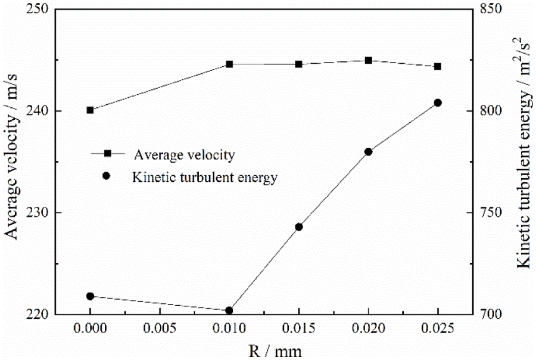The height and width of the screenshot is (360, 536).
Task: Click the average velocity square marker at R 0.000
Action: pos(90,110)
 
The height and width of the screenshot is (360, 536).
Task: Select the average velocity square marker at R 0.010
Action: pos(229,64)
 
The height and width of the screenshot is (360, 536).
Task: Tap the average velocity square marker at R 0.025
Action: pos(438,66)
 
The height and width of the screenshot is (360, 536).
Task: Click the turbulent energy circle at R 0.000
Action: pos(90,296)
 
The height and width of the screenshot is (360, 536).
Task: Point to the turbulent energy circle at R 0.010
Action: pos(229,311)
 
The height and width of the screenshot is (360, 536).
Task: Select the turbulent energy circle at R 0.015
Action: pos(299,226)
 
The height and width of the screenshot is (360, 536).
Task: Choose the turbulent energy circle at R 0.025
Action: pos(438,103)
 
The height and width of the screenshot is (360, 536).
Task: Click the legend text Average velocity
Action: pos(184,155)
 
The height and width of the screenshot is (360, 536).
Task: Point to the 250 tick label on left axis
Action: pos(38,10)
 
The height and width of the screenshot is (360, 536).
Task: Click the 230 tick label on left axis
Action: pos(38,213)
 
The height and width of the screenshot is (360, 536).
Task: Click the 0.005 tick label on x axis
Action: pos(160,329)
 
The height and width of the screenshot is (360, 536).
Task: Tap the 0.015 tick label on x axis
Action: pos(299,329)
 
